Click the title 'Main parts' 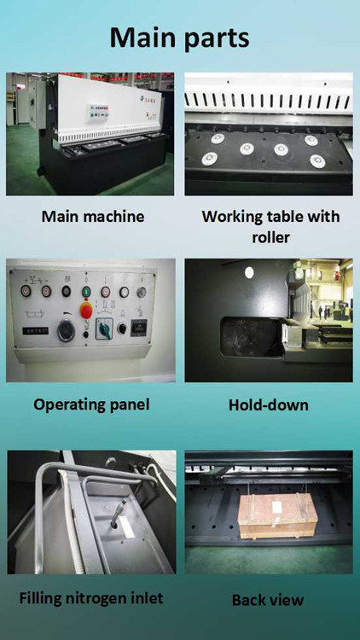180,38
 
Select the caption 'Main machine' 93,216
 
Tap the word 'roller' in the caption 270,237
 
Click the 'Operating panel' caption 91,404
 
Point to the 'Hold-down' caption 268,404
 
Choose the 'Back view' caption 268,600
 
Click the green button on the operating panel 86,292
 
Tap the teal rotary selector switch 102,329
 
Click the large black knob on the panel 67,330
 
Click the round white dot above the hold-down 248,272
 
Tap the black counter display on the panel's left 35,330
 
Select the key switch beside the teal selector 121,329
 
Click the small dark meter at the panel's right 139,328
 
